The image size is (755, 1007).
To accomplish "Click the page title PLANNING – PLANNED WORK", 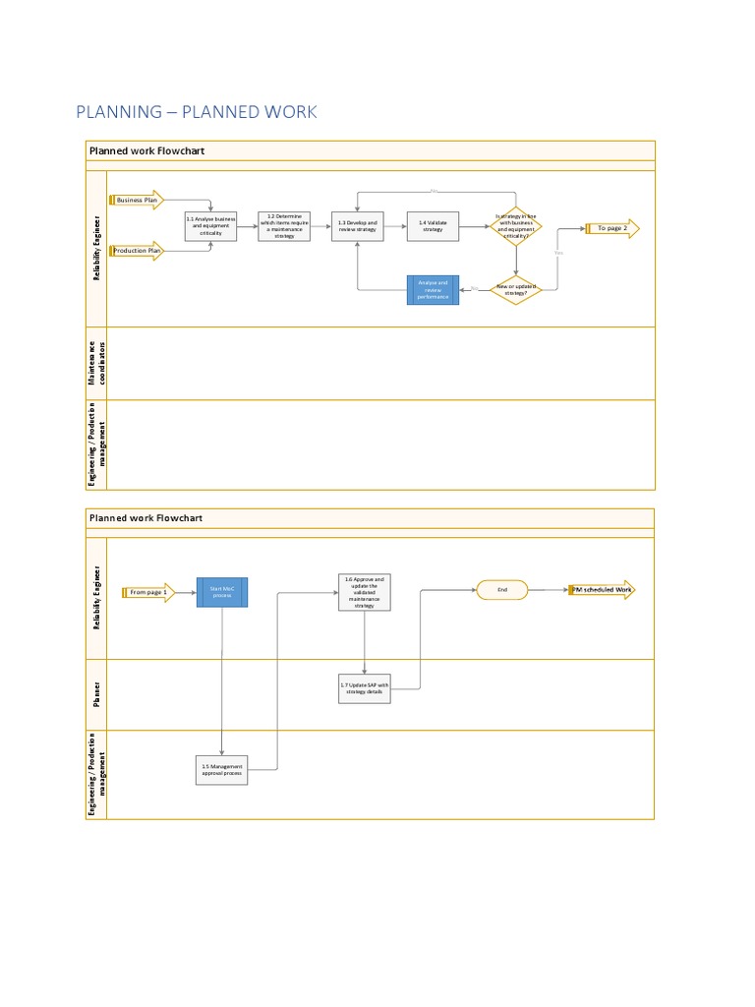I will (x=197, y=112).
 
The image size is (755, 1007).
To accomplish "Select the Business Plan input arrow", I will (x=138, y=200).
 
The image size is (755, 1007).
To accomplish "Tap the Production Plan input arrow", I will (x=138, y=252).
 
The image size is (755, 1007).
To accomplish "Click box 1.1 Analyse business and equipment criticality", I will (x=210, y=226).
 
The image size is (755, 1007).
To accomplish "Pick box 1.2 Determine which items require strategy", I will (x=284, y=226).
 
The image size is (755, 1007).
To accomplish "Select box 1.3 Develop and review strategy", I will (x=357, y=226).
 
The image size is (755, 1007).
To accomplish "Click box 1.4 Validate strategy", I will (x=433, y=226).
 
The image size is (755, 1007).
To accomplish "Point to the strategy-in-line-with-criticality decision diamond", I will (x=515, y=227).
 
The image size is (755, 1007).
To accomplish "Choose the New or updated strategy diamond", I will (x=515, y=289).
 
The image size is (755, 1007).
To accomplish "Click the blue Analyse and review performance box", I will (x=433, y=290).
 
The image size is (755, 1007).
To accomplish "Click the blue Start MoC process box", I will (x=222, y=592).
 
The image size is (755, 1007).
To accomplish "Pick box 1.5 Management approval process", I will (x=222, y=769).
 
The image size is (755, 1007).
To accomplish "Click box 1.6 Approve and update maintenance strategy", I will (x=365, y=593).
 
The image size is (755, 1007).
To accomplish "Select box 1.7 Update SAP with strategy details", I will (x=365, y=688).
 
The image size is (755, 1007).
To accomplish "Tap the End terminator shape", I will (x=502, y=590).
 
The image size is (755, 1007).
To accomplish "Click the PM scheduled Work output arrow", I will (x=602, y=590).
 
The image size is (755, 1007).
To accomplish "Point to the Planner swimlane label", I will (x=96, y=694).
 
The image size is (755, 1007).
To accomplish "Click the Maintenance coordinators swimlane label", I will (x=94, y=363).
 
